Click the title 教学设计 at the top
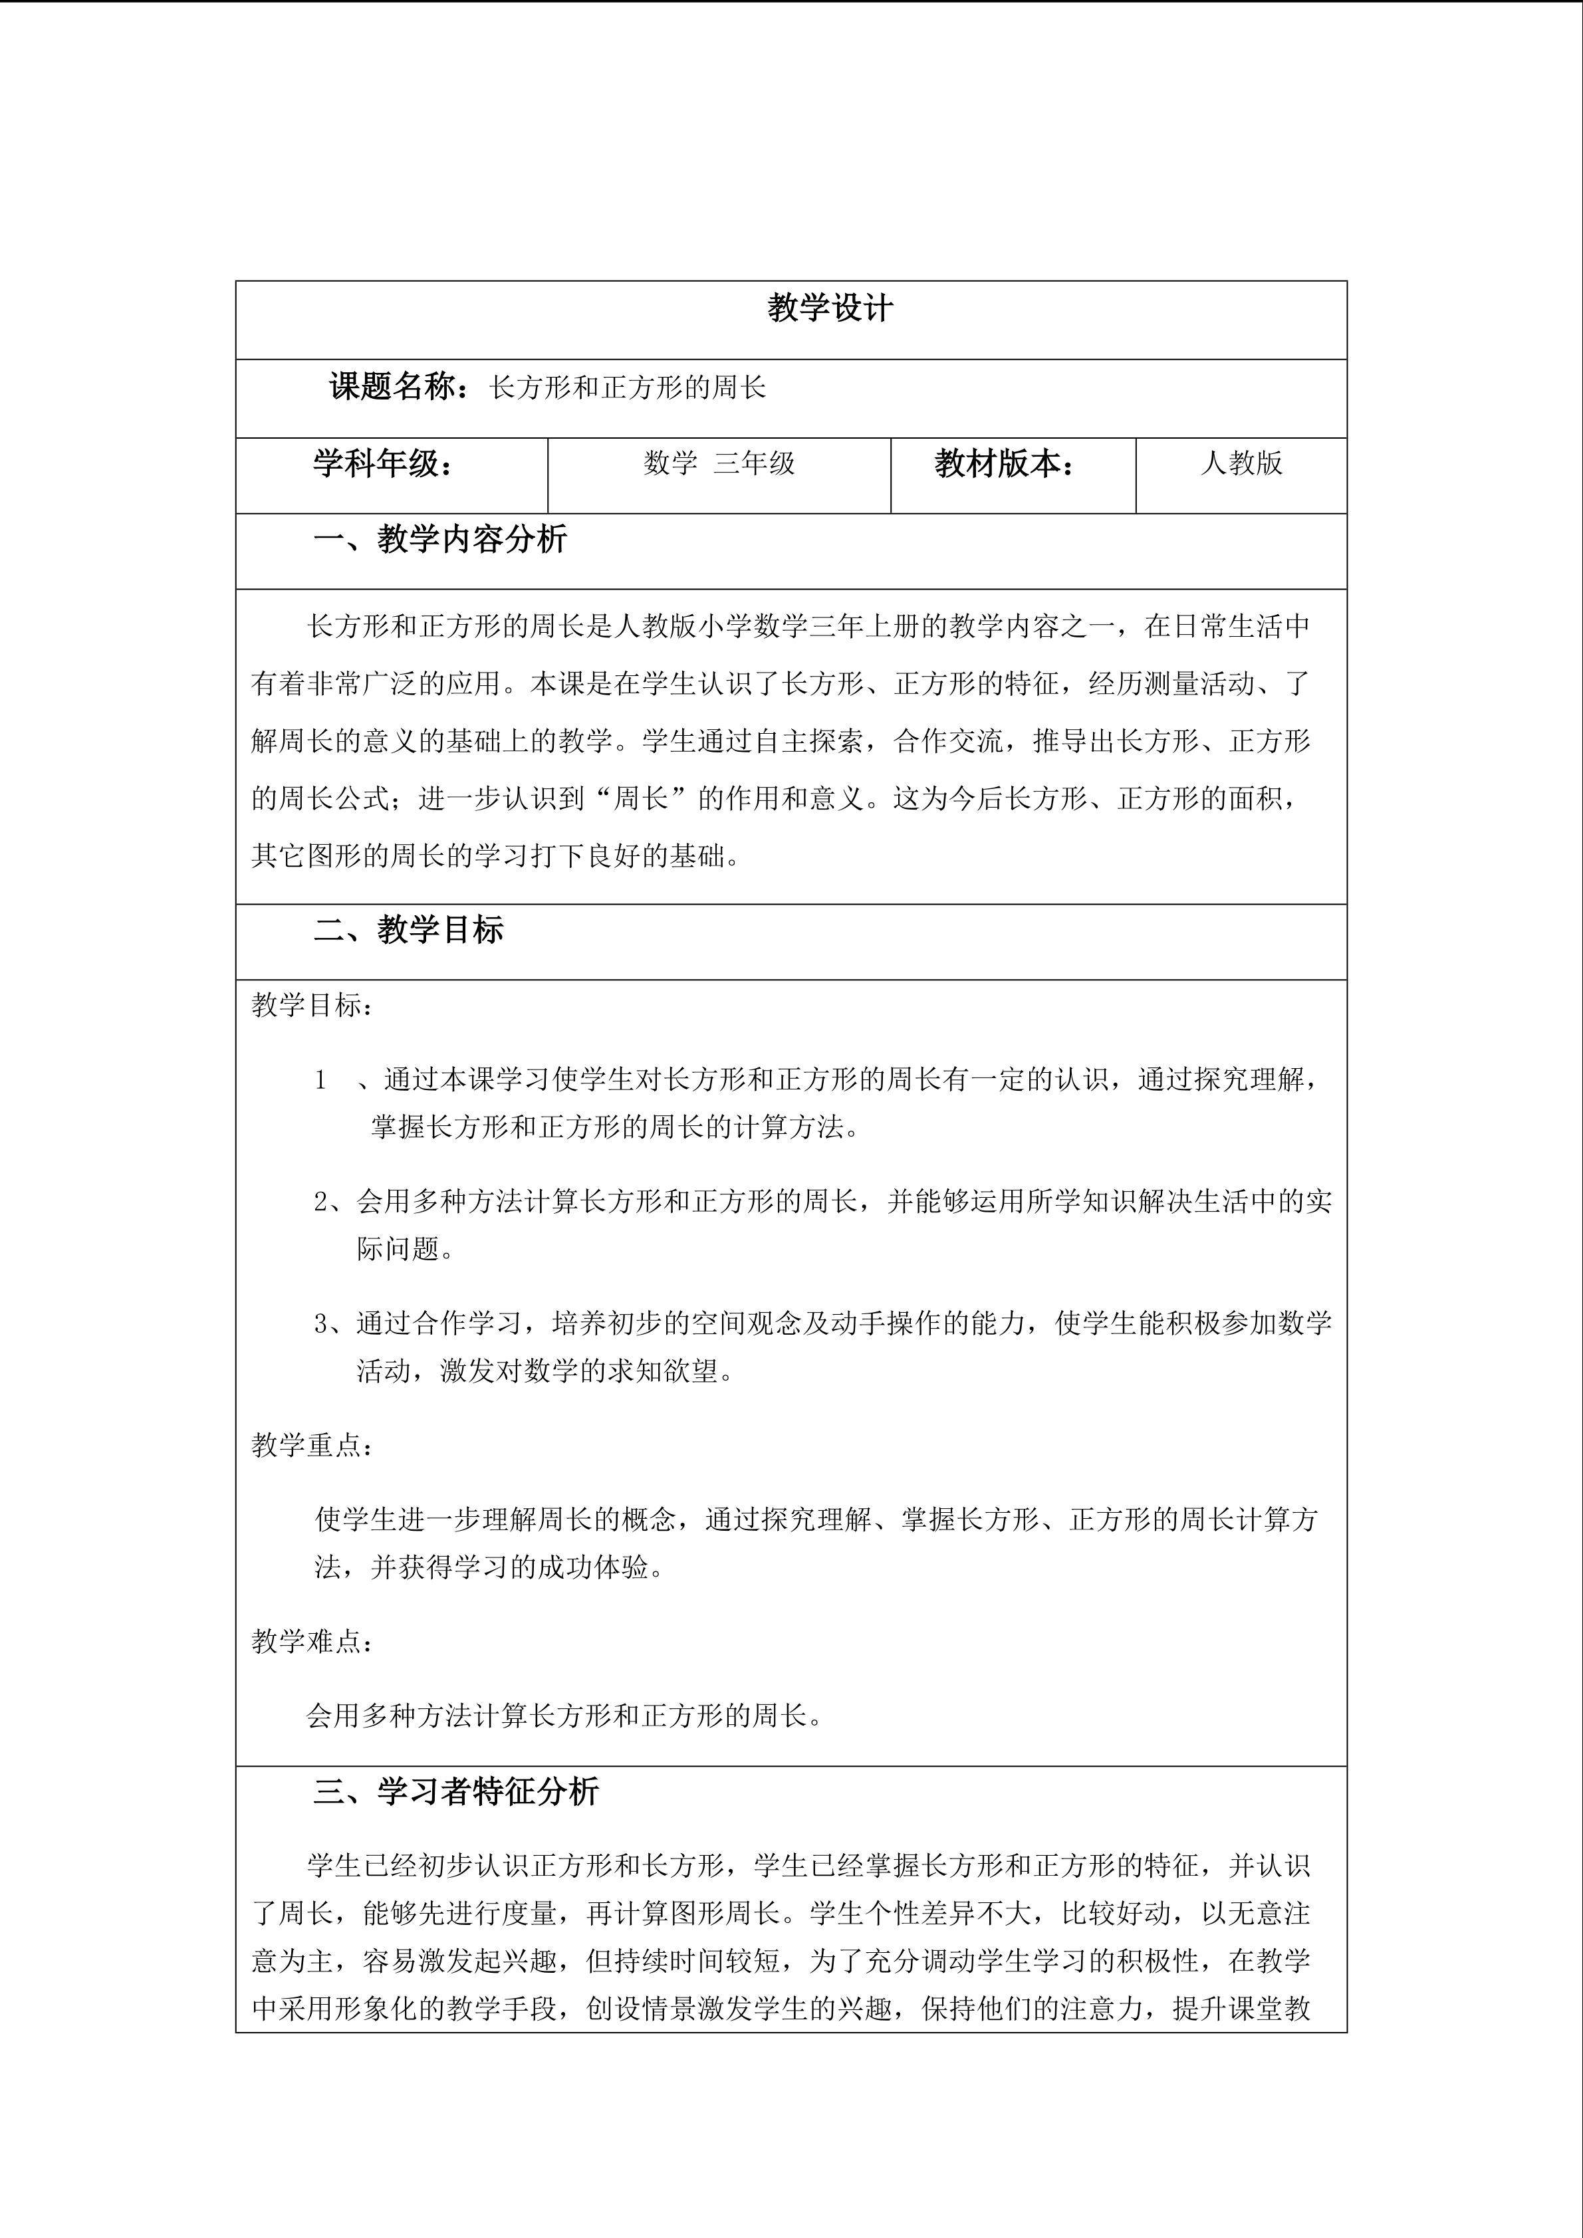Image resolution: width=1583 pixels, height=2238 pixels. pyautogui.click(x=830, y=309)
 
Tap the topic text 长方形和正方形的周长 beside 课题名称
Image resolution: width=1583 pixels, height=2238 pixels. pyautogui.click(x=628, y=388)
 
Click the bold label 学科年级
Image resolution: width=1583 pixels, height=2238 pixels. pyautogui.click(x=383, y=464)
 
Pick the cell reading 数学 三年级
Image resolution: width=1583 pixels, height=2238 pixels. pyautogui.click(x=719, y=463)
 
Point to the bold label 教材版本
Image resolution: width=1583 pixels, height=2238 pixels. pyautogui.click(x=1004, y=464)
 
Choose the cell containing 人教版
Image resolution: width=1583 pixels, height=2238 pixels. pyautogui.click(x=1241, y=463)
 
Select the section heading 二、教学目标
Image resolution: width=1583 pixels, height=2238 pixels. pyautogui.click(x=408, y=930)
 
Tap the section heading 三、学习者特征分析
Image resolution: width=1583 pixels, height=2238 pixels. pyautogui.click(x=455, y=1791)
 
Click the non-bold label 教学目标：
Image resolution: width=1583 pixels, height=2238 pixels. pyautogui.click(x=312, y=1005)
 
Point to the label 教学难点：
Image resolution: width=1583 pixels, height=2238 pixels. pyautogui.click(x=312, y=1642)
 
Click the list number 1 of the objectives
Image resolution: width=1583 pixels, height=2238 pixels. pyautogui.click(x=320, y=1080)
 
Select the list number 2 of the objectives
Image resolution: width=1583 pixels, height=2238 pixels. pyautogui.click(x=322, y=1202)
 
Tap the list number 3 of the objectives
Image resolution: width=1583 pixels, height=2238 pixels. pyautogui.click(x=322, y=1323)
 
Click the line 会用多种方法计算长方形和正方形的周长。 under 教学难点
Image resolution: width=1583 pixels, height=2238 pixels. pyautogui.click(x=565, y=1716)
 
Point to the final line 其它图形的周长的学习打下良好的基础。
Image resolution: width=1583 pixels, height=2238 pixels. pyautogui.click(x=496, y=857)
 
